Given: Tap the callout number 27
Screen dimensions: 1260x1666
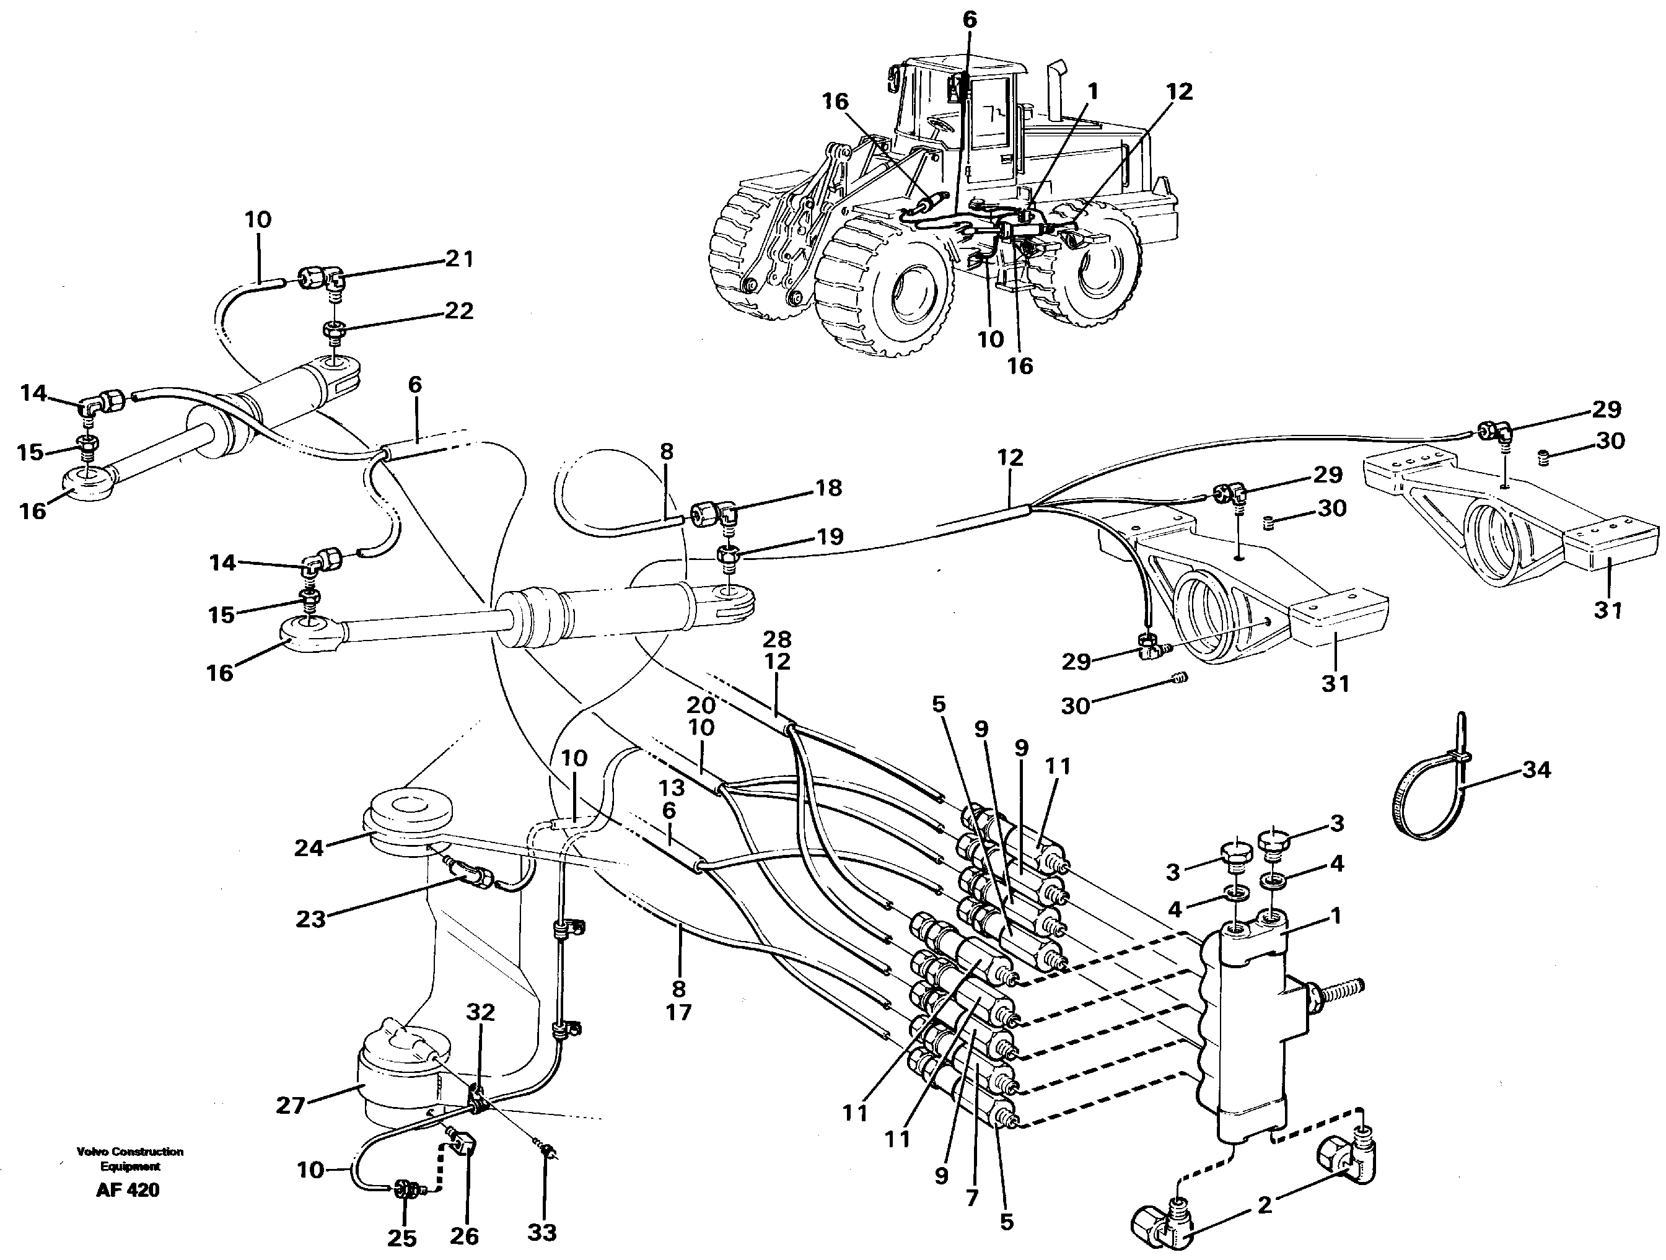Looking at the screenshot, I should coord(291,1105).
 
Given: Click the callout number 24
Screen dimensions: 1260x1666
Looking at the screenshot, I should coord(309,848).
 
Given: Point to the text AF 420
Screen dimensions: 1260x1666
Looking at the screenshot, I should coord(128,1190).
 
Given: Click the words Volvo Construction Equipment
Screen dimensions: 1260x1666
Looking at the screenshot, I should coord(129,1158).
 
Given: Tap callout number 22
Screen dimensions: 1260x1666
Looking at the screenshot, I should coord(458,310).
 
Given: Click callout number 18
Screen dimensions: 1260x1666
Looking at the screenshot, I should coord(828,488).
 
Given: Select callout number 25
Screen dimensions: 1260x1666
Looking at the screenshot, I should coord(401,1238).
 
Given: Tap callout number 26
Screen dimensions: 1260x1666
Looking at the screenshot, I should coord(464,1235).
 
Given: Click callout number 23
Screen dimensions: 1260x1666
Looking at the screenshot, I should coord(310,918).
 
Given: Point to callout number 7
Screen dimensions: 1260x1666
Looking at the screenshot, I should coord(972,1197).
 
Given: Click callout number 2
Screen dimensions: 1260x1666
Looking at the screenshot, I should coord(1265,1205).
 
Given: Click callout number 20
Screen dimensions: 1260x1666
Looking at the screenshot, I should coord(701,705).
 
